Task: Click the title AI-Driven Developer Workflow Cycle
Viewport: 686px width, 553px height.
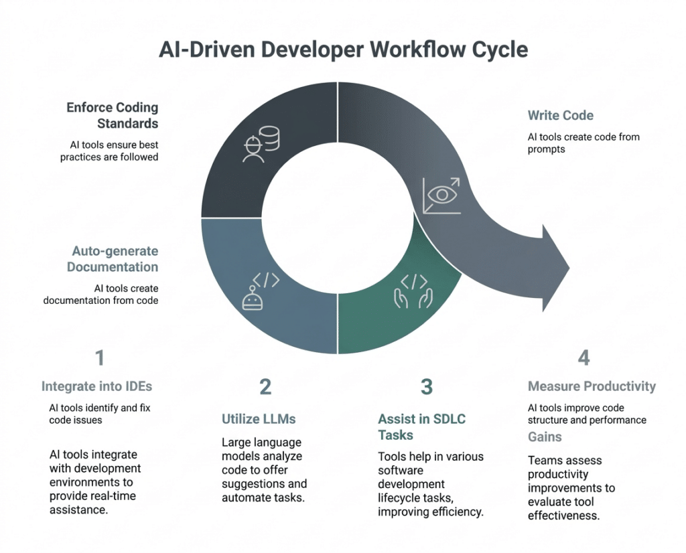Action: pos(343,51)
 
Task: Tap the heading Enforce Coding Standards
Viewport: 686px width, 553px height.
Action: pos(113,115)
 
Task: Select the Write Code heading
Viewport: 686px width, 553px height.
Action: pos(560,115)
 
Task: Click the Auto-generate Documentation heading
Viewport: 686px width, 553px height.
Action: pos(115,259)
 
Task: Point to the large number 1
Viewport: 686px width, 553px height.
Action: pos(100,358)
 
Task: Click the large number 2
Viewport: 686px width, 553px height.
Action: pos(265,386)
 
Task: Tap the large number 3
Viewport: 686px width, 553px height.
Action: pos(427,386)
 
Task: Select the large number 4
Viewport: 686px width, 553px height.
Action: pos(584,358)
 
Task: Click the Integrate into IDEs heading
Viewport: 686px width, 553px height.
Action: pos(97,386)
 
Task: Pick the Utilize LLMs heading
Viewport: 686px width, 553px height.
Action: pos(259,419)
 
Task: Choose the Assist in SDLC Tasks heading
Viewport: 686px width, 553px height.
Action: pos(421,426)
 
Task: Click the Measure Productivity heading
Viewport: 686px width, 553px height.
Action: pos(592,386)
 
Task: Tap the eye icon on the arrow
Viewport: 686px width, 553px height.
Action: pos(441,195)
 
